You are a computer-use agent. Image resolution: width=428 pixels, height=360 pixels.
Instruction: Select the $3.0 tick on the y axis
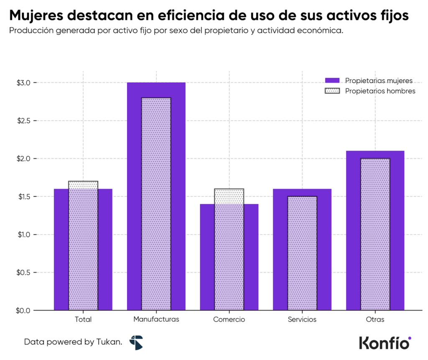(23, 83)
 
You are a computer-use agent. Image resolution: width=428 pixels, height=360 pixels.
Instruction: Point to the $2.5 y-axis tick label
(23, 121)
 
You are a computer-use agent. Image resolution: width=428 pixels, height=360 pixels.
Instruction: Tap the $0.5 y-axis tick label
(23, 272)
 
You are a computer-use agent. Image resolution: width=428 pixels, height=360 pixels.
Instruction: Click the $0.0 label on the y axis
(23, 310)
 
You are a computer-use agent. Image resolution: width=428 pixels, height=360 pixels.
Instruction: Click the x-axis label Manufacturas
(156, 319)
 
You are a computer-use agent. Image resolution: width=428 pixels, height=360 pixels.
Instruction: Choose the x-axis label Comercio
(229, 319)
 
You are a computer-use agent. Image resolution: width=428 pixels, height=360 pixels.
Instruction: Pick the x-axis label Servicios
(302, 319)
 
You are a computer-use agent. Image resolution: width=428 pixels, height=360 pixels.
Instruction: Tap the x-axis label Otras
(374, 319)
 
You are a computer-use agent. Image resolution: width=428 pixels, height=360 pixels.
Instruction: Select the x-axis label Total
(83, 319)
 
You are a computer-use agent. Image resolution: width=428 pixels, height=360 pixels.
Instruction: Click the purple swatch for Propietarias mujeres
(333, 81)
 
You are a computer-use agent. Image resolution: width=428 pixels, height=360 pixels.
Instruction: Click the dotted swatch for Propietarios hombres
(333, 91)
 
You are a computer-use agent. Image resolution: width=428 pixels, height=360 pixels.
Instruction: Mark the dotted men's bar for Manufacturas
(156, 205)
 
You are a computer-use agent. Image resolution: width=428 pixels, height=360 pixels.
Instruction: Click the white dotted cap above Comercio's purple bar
(229, 196)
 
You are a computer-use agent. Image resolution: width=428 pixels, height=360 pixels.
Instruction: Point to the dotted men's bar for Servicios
(302, 255)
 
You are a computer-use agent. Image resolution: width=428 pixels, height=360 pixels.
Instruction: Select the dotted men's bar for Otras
(374, 234)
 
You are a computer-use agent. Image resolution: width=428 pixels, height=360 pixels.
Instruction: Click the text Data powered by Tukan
(73, 342)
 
